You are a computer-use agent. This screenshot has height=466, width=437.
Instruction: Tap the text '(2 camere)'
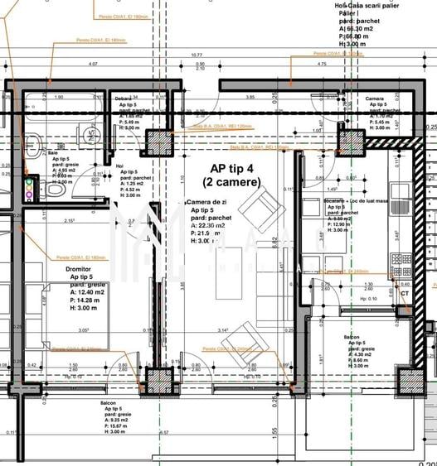click(x=231, y=181)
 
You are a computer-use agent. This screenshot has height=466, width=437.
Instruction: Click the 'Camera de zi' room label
click(x=209, y=203)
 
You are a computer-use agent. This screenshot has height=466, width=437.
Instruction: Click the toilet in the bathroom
click(x=54, y=190)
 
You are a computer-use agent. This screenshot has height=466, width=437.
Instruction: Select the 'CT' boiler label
click(x=405, y=293)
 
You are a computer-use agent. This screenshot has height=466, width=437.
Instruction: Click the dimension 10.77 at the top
click(x=197, y=56)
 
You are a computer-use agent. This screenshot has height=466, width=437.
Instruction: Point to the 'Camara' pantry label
click(x=375, y=98)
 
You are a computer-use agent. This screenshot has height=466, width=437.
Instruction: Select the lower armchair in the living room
click(x=242, y=336)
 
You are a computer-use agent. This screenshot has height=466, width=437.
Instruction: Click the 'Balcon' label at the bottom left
click(x=109, y=404)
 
